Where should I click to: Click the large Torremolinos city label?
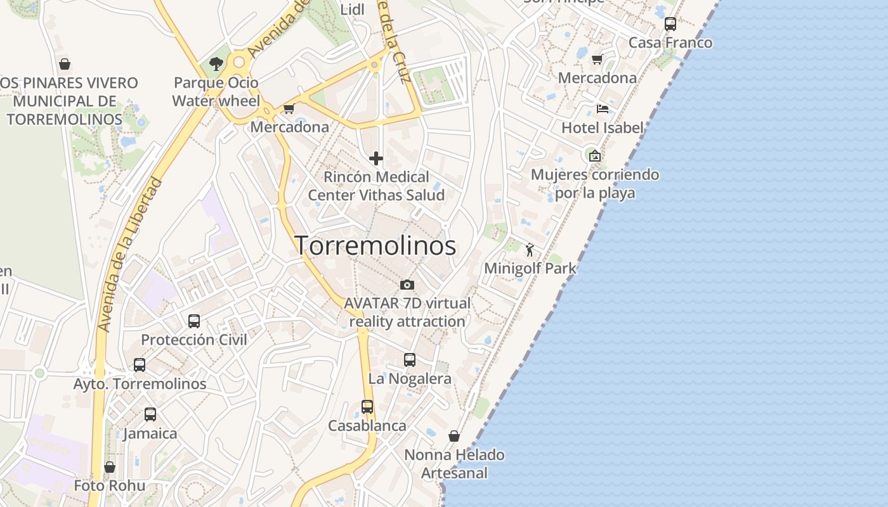point(375,246)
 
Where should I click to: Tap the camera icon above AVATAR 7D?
point(407,285)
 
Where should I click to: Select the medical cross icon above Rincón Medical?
point(376,158)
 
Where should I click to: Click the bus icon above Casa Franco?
point(670,24)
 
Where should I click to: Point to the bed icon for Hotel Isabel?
point(602,109)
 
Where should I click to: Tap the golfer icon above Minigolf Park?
point(530,250)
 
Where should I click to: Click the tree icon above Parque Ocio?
point(216,63)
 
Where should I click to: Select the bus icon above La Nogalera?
point(410,360)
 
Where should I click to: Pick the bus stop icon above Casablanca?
point(367,407)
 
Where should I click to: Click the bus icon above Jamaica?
point(150,414)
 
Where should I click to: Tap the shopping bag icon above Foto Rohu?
point(110,467)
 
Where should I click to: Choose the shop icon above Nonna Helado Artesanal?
point(454,436)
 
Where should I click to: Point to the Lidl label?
point(353,10)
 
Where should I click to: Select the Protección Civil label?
point(193,340)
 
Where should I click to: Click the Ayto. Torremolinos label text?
point(140,384)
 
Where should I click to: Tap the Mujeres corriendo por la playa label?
point(595,184)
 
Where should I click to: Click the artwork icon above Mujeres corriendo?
point(595,155)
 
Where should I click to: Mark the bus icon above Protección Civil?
point(194,321)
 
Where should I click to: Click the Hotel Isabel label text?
point(603,127)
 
